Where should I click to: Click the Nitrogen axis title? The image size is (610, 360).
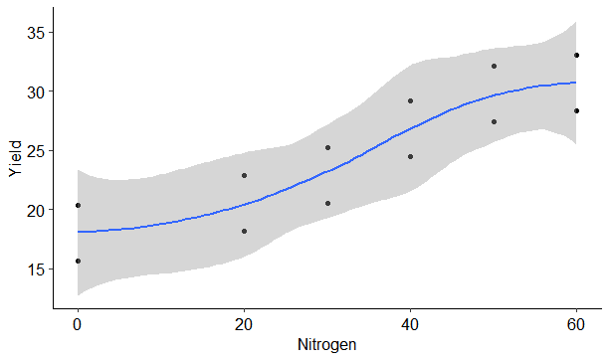click(x=327, y=345)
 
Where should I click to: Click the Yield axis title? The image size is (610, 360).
click(x=14, y=158)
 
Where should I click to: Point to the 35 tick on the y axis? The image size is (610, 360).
click(x=40, y=33)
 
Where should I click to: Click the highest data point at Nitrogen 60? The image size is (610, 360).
click(x=576, y=55)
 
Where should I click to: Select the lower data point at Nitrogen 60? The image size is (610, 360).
click(x=576, y=110)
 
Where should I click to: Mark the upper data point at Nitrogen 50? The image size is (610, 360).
click(x=494, y=66)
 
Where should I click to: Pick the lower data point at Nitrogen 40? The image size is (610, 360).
click(x=410, y=156)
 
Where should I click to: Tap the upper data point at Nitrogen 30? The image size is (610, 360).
click(x=327, y=147)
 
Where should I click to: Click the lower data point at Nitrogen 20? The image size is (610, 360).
click(x=244, y=231)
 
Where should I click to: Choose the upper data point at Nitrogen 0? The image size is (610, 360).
click(x=78, y=205)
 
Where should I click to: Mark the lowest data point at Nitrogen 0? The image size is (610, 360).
click(x=78, y=261)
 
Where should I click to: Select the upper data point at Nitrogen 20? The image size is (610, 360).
click(x=244, y=175)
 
